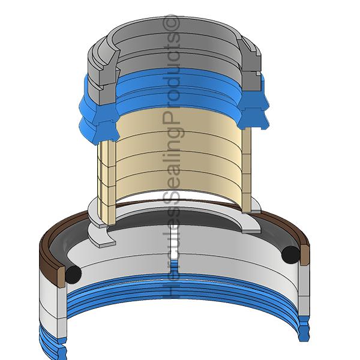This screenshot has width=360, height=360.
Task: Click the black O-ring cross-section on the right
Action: click(x=290, y=255)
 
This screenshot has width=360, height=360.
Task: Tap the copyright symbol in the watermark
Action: click(x=171, y=23)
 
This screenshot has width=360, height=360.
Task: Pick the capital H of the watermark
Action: click(x=171, y=290)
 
